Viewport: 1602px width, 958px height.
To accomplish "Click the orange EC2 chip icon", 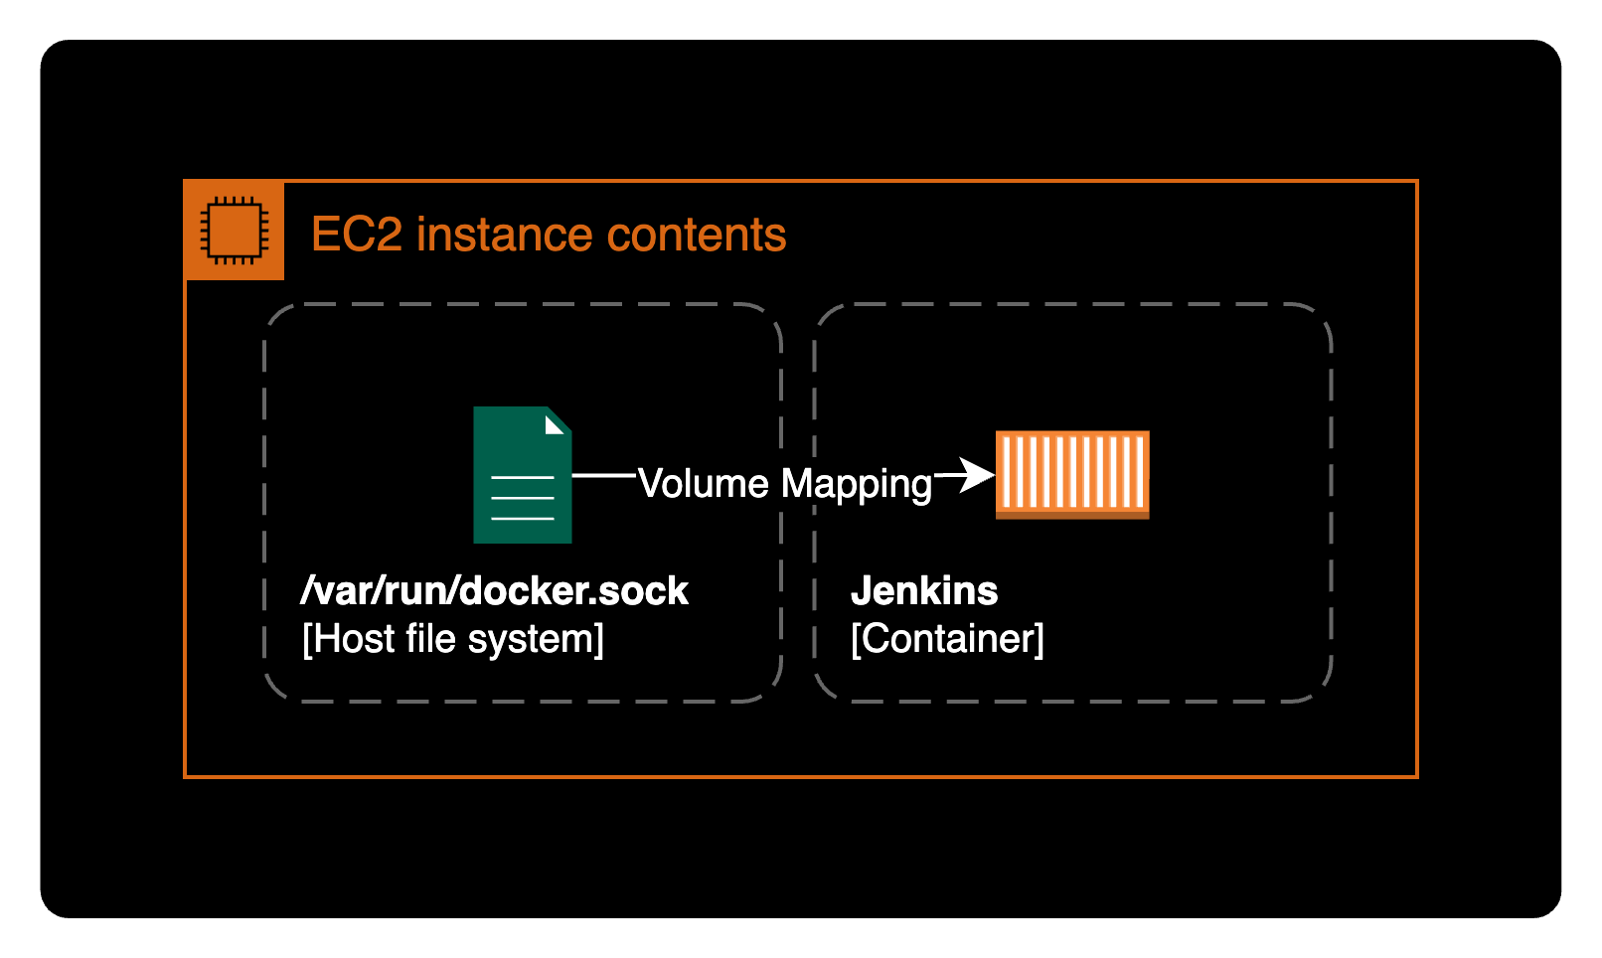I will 235,231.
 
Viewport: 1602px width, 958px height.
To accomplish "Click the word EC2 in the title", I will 356,236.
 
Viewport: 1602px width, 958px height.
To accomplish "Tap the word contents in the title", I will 697,236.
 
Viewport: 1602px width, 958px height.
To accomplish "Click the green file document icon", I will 522,475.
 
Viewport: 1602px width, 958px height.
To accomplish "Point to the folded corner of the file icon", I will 555,424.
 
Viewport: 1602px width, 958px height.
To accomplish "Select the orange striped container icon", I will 1072,474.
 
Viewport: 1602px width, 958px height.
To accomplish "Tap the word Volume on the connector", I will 704,484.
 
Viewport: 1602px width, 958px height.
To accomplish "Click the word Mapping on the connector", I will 856,485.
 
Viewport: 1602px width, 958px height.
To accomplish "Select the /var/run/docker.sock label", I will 494,591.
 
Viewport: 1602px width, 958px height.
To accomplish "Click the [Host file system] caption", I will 453,639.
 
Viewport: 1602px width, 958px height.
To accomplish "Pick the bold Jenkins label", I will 924,591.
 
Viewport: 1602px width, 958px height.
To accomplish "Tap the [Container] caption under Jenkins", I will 947,639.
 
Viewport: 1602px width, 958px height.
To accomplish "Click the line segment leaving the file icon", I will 603,476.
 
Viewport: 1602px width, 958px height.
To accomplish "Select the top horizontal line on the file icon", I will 523,478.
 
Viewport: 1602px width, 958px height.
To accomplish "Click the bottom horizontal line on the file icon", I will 523,519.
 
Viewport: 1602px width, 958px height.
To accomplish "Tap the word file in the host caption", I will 430,639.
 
